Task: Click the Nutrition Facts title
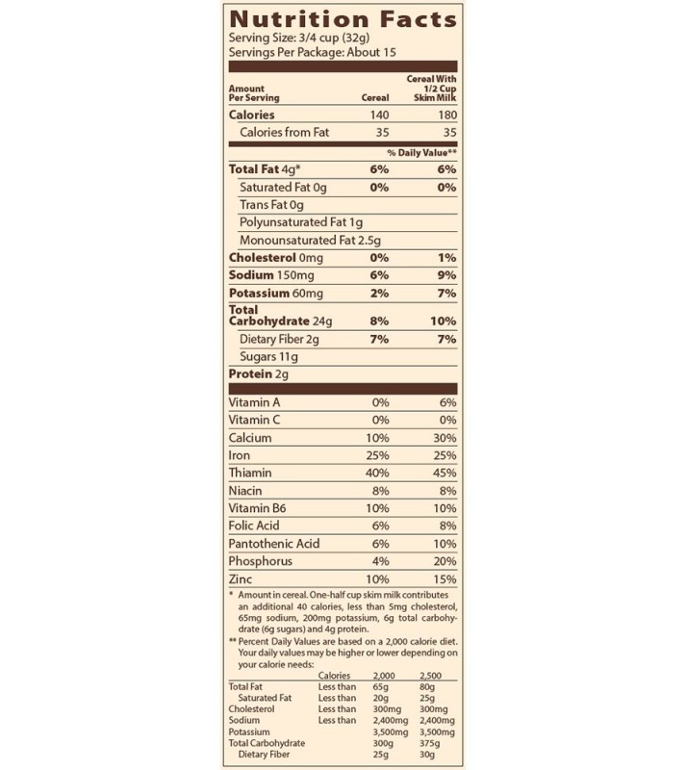[x=343, y=18]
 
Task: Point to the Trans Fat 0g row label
[x=272, y=205]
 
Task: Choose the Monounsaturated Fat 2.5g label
[x=311, y=240]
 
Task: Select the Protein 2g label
[x=258, y=373]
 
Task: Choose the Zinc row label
[x=242, y=579]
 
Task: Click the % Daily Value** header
[x=420, y=153]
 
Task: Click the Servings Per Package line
[x=314, y=52]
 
